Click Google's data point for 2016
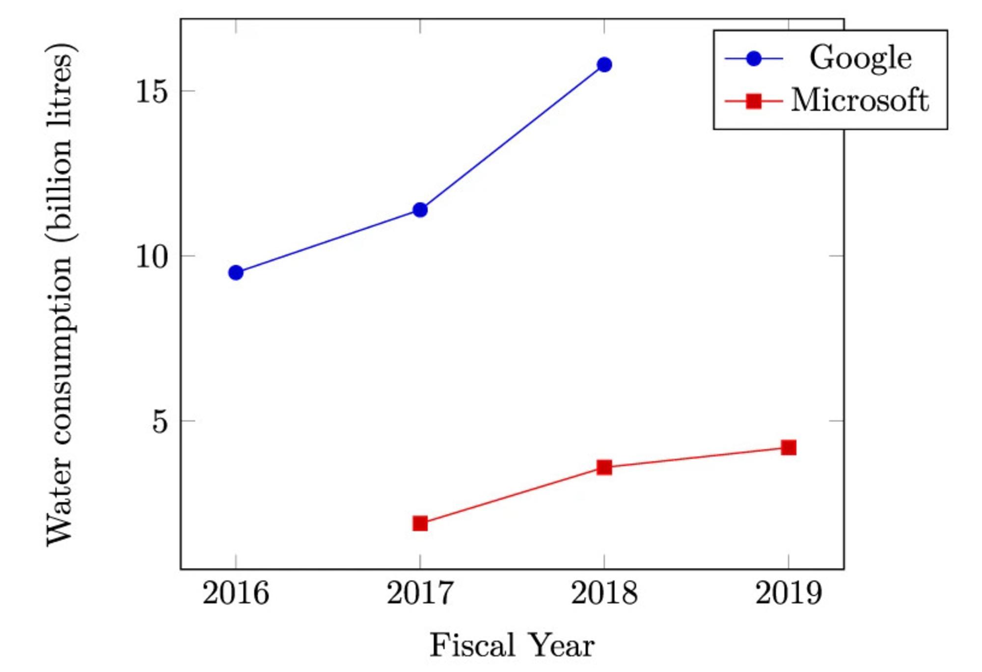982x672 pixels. click(236, 272)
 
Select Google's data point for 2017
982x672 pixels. click(420, 210)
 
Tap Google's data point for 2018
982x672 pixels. click(604, 64)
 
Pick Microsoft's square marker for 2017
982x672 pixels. click(420, 523)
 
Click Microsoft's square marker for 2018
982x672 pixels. click(604, 467)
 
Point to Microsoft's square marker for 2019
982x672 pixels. click(788, 447)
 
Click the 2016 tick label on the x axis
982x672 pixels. click(236, 593)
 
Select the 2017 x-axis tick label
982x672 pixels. click(420, 593)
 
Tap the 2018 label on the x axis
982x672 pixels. click(604, 593)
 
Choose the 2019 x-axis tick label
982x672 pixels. click(788, 593)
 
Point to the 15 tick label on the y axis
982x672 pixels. click(152, 91)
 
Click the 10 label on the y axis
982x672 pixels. click(152, 256)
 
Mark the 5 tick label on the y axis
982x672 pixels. click(160, 421)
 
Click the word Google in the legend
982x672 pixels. click(860, 58)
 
